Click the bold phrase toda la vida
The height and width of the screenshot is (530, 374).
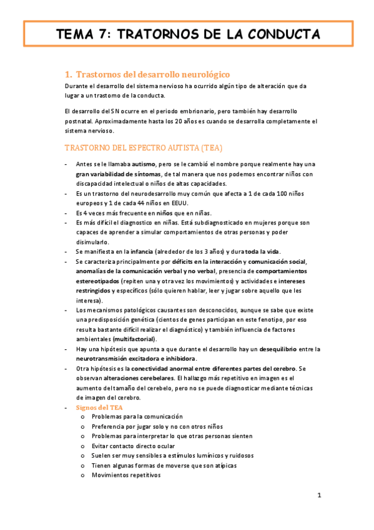(268, 251)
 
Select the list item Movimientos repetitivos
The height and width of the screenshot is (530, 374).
(126, 475)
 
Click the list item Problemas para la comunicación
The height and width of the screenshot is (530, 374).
(137, 416)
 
